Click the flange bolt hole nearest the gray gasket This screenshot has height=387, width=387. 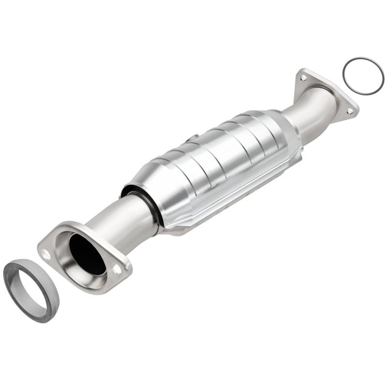(x=46, y=253)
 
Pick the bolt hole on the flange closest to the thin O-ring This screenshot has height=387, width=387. (x=303, y=77)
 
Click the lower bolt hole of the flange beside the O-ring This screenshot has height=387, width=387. (x=349, y=111)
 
